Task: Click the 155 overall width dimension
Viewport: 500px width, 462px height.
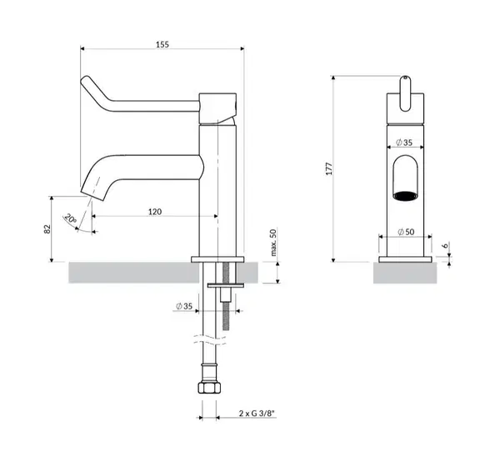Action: click(162, 44)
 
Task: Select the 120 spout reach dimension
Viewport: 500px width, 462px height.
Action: click(155, 212)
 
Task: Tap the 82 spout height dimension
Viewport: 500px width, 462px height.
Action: click(47, 229)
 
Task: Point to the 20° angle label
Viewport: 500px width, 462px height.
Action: click(71, 218)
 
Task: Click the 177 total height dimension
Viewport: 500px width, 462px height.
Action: click(329, 168)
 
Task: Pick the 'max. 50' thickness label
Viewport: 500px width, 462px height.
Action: click(273, 243)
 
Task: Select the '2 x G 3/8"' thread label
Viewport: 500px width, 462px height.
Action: click(257, 413)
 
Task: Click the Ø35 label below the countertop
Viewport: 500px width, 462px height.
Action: click(184, 306)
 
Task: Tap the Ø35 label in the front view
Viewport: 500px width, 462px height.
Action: click(404, 143)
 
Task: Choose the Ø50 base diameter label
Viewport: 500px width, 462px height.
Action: click(407, 232)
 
